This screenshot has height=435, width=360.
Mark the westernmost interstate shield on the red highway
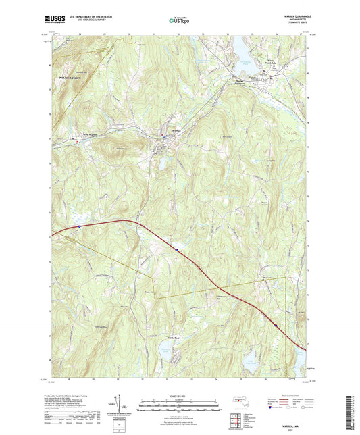[80, 226]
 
